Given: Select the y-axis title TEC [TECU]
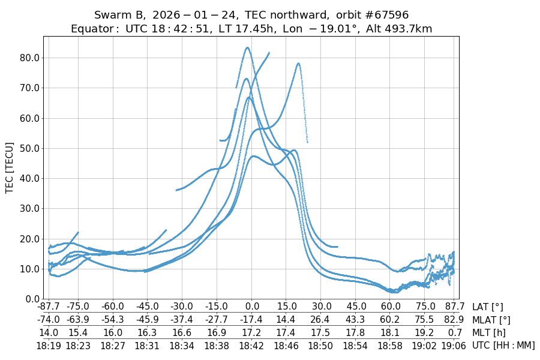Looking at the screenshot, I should [10, 167].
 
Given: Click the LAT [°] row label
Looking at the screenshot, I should [488, 307].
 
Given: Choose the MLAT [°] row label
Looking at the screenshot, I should [491, 320].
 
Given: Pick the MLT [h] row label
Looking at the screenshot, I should [487, 332].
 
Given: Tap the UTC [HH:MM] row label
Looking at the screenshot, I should [503, 345].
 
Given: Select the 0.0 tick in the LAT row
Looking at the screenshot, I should [252, 307].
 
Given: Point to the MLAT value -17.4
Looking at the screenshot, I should [252, 320].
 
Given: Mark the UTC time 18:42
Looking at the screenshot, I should [252, 345].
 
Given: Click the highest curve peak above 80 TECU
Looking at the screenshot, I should [247, 48].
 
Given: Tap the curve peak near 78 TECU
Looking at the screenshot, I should [298, 63].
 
